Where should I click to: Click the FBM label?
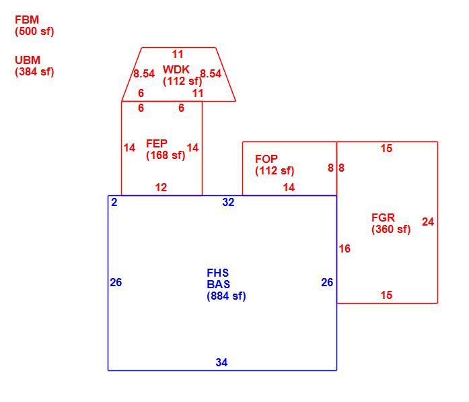27,20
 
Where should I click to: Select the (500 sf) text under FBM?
34,32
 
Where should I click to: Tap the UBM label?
28,60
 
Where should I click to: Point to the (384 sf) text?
34,72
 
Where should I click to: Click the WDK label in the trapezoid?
176,69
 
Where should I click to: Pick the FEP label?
156,143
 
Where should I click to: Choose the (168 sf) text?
166,156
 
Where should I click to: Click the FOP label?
266,159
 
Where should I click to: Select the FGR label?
383,217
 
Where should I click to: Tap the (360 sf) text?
391,230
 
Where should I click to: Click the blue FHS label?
218,273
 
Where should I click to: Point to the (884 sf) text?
226,296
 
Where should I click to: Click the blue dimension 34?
221,362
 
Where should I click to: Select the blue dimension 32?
228,203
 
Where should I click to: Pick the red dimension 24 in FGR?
428,222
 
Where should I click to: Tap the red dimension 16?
345,248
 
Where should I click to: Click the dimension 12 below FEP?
161,187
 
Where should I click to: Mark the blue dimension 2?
114,203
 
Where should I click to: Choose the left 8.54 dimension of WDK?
144,73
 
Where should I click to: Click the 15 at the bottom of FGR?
386,295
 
